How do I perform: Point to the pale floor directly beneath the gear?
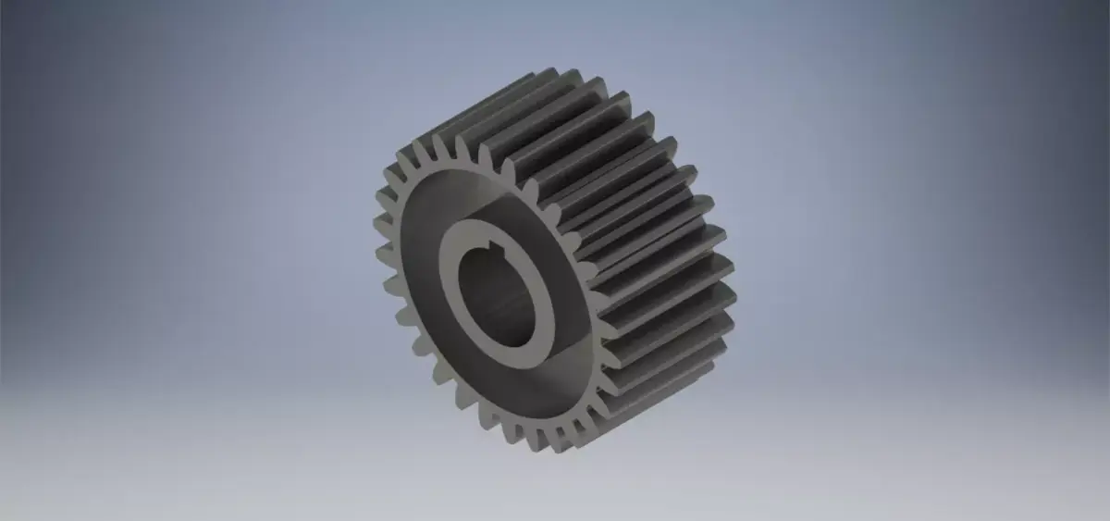[555, 481]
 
